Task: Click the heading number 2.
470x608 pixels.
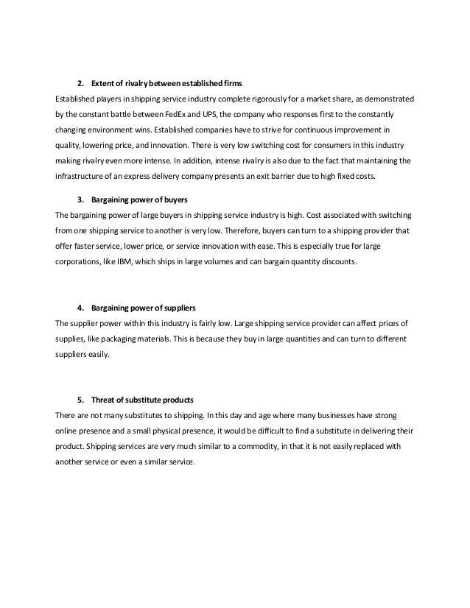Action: (80, 79)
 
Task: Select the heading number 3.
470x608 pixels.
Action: (80, 199)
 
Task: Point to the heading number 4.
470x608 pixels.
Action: (80, 305)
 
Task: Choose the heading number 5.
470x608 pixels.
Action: (80, 400)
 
